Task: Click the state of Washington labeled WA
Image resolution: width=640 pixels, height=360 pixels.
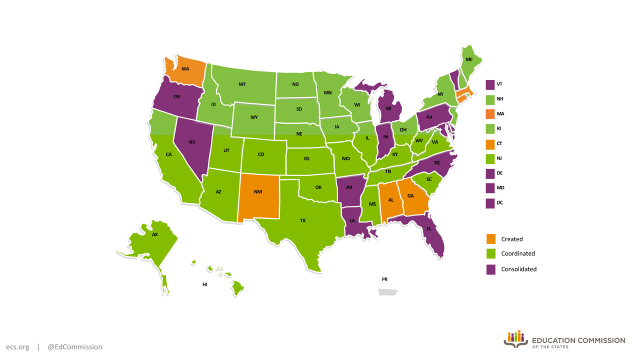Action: (x=185, y=70)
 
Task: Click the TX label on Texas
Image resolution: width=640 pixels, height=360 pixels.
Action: (x=302, y=220)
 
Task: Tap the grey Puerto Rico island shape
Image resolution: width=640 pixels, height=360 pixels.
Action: (x=387, y=290)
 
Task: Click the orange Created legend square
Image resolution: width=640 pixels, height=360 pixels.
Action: (x=490, y=239)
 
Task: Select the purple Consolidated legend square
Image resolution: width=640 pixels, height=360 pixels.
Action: (x=490, y=269)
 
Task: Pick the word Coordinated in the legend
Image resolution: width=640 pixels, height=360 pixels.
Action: (x=518, y=253)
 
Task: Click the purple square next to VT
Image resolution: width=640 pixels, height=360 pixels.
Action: (x=490, y=84)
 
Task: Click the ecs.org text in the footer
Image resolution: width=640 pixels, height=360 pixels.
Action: (x=17, y=346)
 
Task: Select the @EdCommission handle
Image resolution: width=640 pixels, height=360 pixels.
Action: (x=75, y=346)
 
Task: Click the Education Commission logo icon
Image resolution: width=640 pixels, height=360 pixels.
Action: (x=515, y=338)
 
